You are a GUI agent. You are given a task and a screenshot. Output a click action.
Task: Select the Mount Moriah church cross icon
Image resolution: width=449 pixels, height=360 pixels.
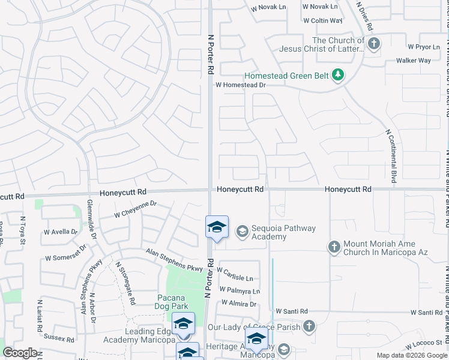click(334, 246)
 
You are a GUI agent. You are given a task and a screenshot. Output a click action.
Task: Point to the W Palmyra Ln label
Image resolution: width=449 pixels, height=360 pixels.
click(240, 291)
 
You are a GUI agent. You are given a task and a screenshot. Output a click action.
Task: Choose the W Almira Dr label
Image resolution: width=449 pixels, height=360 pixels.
click(238, 304)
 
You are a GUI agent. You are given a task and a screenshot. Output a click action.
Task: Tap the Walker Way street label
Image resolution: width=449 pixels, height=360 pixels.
click(414, 61)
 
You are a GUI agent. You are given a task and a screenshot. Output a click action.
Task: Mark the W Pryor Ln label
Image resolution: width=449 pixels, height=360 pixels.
click(424, 46)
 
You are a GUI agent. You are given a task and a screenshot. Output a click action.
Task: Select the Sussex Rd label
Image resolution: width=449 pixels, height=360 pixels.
click(59, 339)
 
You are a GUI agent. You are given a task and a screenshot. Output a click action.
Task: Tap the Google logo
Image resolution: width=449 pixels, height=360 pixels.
click(20, 353)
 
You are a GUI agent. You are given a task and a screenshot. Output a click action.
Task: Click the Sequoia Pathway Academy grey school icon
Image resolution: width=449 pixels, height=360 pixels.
click(242, 231)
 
